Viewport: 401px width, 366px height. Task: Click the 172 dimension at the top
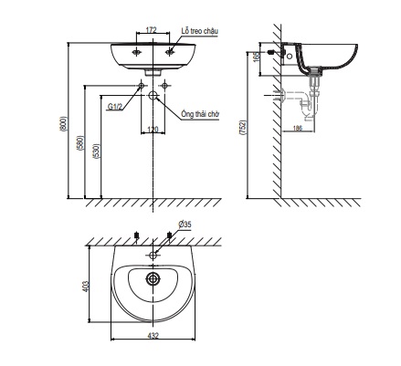click(151, 29)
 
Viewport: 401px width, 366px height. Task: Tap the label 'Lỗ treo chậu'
click(200, 31)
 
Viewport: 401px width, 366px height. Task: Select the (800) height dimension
click(63, 124)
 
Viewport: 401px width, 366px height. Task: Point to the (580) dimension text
click(80, 143)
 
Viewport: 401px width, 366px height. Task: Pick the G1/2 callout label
click(115, 106)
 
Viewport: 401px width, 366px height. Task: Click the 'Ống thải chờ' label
click(200, 114)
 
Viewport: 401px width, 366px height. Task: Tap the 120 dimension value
click(153, 130)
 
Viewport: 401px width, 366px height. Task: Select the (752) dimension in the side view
click(243, 128)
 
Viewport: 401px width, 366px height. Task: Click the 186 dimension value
click(298, 128)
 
